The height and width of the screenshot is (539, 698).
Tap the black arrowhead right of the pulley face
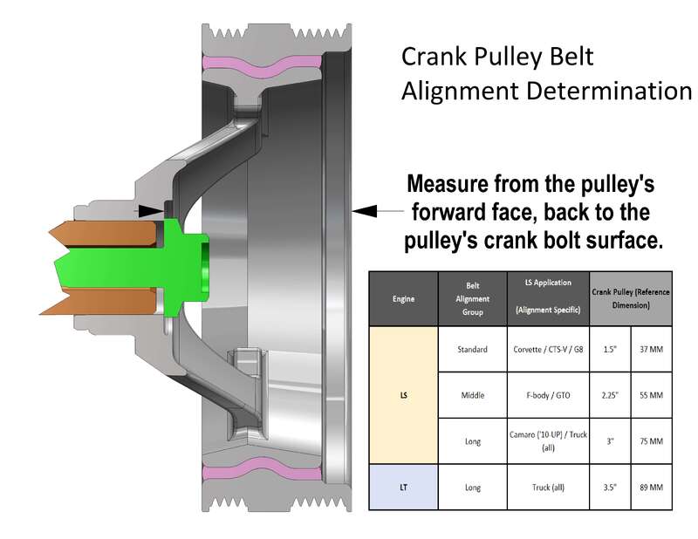365,210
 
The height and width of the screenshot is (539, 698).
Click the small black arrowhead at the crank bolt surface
150,211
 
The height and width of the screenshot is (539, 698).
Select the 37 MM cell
651,350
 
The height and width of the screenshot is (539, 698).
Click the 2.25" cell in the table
610,395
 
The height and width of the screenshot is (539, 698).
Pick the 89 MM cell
651,488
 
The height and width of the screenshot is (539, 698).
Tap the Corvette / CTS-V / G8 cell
548,350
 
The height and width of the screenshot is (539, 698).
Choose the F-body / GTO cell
548,395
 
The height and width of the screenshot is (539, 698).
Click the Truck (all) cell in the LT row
548,488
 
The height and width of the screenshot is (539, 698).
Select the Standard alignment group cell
472,350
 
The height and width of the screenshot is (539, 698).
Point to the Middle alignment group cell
472,395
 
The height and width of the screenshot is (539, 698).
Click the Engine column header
403,298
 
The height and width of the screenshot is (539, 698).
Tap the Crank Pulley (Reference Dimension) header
631,298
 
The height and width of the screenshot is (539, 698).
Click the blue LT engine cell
403,488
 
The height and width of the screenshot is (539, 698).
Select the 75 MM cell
651,441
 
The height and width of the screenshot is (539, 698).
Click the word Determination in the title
609,91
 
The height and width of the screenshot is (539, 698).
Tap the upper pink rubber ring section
262,65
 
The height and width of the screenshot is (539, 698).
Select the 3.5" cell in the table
610,488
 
